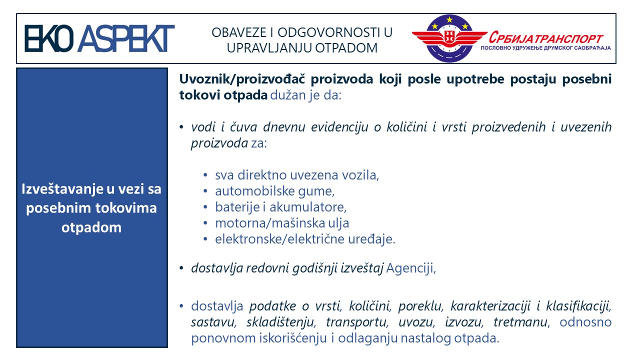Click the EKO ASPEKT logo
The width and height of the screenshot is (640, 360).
[99, 38]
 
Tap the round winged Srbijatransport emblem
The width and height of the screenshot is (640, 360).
[449, 38]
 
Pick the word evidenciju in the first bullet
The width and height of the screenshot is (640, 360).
[339, 127]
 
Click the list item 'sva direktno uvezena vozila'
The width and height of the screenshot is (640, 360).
[297, 175]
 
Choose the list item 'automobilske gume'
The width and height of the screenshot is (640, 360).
[274, 191]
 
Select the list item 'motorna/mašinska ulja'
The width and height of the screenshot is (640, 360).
[282, 223]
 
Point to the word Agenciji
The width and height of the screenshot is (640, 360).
[411, 268]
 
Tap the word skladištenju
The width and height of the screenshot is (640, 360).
[281, 322]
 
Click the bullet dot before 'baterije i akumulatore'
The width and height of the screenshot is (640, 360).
[205, 207]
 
